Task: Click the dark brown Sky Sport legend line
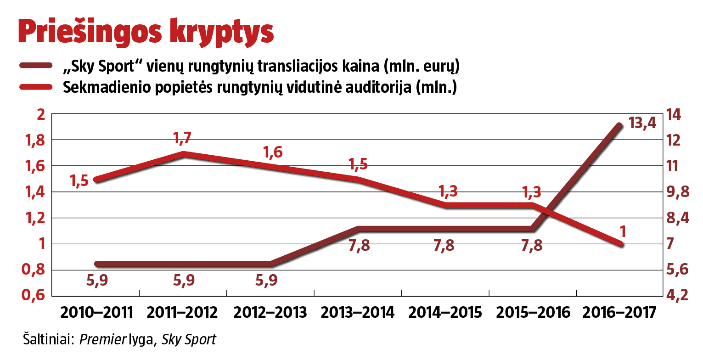point(39,66)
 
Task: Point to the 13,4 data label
point(642,123)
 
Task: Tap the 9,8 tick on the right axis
point(677,192)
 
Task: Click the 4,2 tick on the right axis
point(677,295)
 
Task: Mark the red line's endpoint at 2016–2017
point(620,244)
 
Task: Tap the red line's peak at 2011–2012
point(184,153)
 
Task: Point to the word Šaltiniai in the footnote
point(47,340)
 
